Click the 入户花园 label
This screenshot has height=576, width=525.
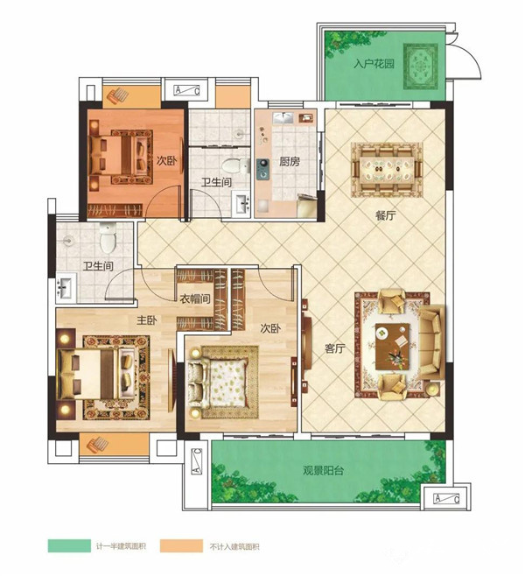(x=374, y=64)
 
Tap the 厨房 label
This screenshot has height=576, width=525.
(x=290, y=161)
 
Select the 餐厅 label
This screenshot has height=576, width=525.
(x=386, y=215)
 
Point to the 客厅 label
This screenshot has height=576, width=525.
(x=335, y=348)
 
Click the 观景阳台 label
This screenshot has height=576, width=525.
(x=324, y=471)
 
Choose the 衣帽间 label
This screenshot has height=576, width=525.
(x=195, y=299)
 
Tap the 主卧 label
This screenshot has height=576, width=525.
(x=147, y=320)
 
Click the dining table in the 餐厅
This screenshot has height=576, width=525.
(x=387, y=169)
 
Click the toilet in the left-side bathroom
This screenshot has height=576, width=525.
(x=108, y=238)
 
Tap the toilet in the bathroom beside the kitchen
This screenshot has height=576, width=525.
(x=235, y=165)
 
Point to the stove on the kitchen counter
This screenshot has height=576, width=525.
(x=262, y=169)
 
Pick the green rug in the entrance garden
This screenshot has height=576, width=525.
(x=421, y=67)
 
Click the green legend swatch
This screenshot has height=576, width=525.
(x=69, y=545)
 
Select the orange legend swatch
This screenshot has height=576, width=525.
(x=181, y=545)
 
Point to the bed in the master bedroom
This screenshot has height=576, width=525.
(x=96, y=374)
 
